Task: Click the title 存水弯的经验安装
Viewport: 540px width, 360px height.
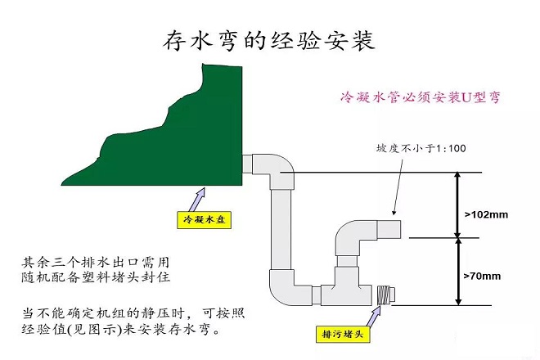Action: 268,41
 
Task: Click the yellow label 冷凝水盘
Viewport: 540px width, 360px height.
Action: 204,220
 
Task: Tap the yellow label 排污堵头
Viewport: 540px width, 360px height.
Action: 343,334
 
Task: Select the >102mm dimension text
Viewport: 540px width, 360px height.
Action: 486,214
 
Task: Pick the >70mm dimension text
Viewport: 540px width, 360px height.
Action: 482,276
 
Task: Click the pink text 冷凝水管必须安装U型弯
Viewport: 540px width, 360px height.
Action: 421,97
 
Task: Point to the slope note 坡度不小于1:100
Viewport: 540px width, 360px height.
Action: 421,148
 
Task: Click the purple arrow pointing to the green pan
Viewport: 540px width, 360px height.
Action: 197,199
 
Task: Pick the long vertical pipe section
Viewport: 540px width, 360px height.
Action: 281,229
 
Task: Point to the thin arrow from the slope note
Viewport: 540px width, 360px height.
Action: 398,187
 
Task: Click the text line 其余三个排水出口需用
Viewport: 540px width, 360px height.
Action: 96,263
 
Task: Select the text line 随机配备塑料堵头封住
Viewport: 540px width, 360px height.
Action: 96,277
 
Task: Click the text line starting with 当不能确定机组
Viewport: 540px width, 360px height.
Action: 133,313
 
